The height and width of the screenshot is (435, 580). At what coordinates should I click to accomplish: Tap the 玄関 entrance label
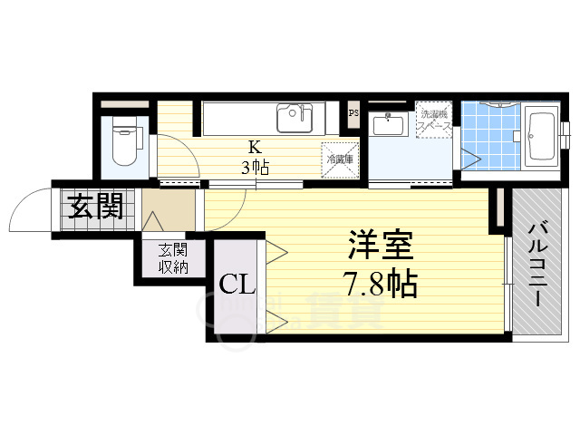94,208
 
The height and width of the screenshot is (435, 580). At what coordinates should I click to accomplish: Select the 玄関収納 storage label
173,258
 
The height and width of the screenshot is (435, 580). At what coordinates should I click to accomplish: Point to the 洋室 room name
382,246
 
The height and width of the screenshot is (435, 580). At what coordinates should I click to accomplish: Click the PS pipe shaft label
354,113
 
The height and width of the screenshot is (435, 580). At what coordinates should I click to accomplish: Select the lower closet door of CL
275,317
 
